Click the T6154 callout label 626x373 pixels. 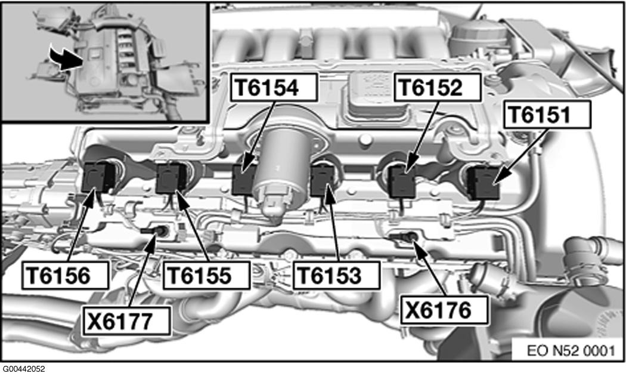click(274, 88)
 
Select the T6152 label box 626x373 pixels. click(438, 88)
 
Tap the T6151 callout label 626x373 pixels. click(547, 115)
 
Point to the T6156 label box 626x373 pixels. click(65, 275)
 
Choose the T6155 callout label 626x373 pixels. click(206, 275)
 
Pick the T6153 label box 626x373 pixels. click(337, 275)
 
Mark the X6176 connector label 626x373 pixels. click(444, 309)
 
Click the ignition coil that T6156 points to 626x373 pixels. click(97, 177)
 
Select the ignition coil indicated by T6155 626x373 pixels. click(171, 178)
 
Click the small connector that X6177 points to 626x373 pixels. click(156, 231)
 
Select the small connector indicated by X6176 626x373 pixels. click(404, 237)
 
